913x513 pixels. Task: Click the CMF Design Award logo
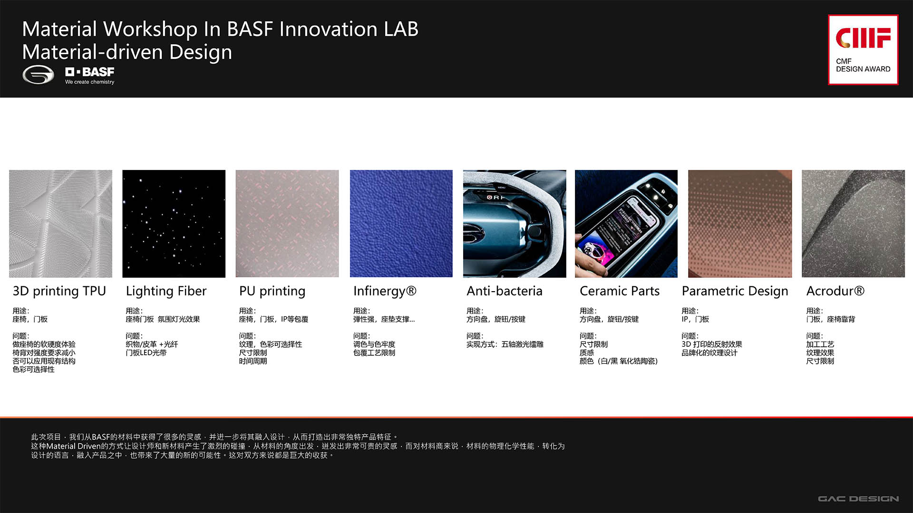(863, 50)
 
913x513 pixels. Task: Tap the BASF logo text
(90, 72)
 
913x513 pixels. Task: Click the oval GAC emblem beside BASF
(38, 75)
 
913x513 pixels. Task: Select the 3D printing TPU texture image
(60, 224)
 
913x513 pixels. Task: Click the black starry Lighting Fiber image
(174, 224)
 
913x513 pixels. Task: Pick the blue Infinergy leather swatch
(401, 224)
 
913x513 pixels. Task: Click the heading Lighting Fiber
(166, 291)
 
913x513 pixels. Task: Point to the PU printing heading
(272, 291)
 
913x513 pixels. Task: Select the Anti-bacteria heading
(504, 291)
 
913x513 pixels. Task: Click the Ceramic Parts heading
(619, 291)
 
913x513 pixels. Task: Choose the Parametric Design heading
(735, 291)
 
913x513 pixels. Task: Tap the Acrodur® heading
(835, 291)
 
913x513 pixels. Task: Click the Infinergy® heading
(384, 291)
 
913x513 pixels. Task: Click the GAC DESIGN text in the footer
(858, 499)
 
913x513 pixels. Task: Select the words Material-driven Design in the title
(127, 52)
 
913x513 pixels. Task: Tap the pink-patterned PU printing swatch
(287, 224)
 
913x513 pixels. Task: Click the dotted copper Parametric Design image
(740, 224)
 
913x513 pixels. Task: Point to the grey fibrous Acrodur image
(853, 224)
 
